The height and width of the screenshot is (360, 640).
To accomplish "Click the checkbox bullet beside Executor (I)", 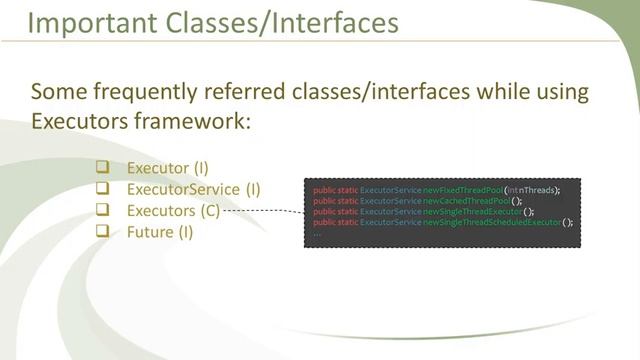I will (101, 167).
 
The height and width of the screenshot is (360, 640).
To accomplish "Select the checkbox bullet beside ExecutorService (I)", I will (101, 188).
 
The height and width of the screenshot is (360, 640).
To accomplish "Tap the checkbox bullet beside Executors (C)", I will (101, 210).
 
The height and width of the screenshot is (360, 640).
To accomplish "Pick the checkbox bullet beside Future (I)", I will (101, 232).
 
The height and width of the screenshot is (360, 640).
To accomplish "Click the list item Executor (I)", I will (167, 167).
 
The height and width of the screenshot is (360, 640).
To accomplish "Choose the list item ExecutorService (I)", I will (193, 188).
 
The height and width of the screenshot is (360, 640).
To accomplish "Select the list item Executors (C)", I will (172, 210).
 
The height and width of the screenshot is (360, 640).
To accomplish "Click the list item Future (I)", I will (160, 232).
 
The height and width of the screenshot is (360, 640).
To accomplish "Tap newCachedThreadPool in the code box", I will (466, 201).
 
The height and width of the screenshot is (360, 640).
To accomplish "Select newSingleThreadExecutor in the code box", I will (472, 211).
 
